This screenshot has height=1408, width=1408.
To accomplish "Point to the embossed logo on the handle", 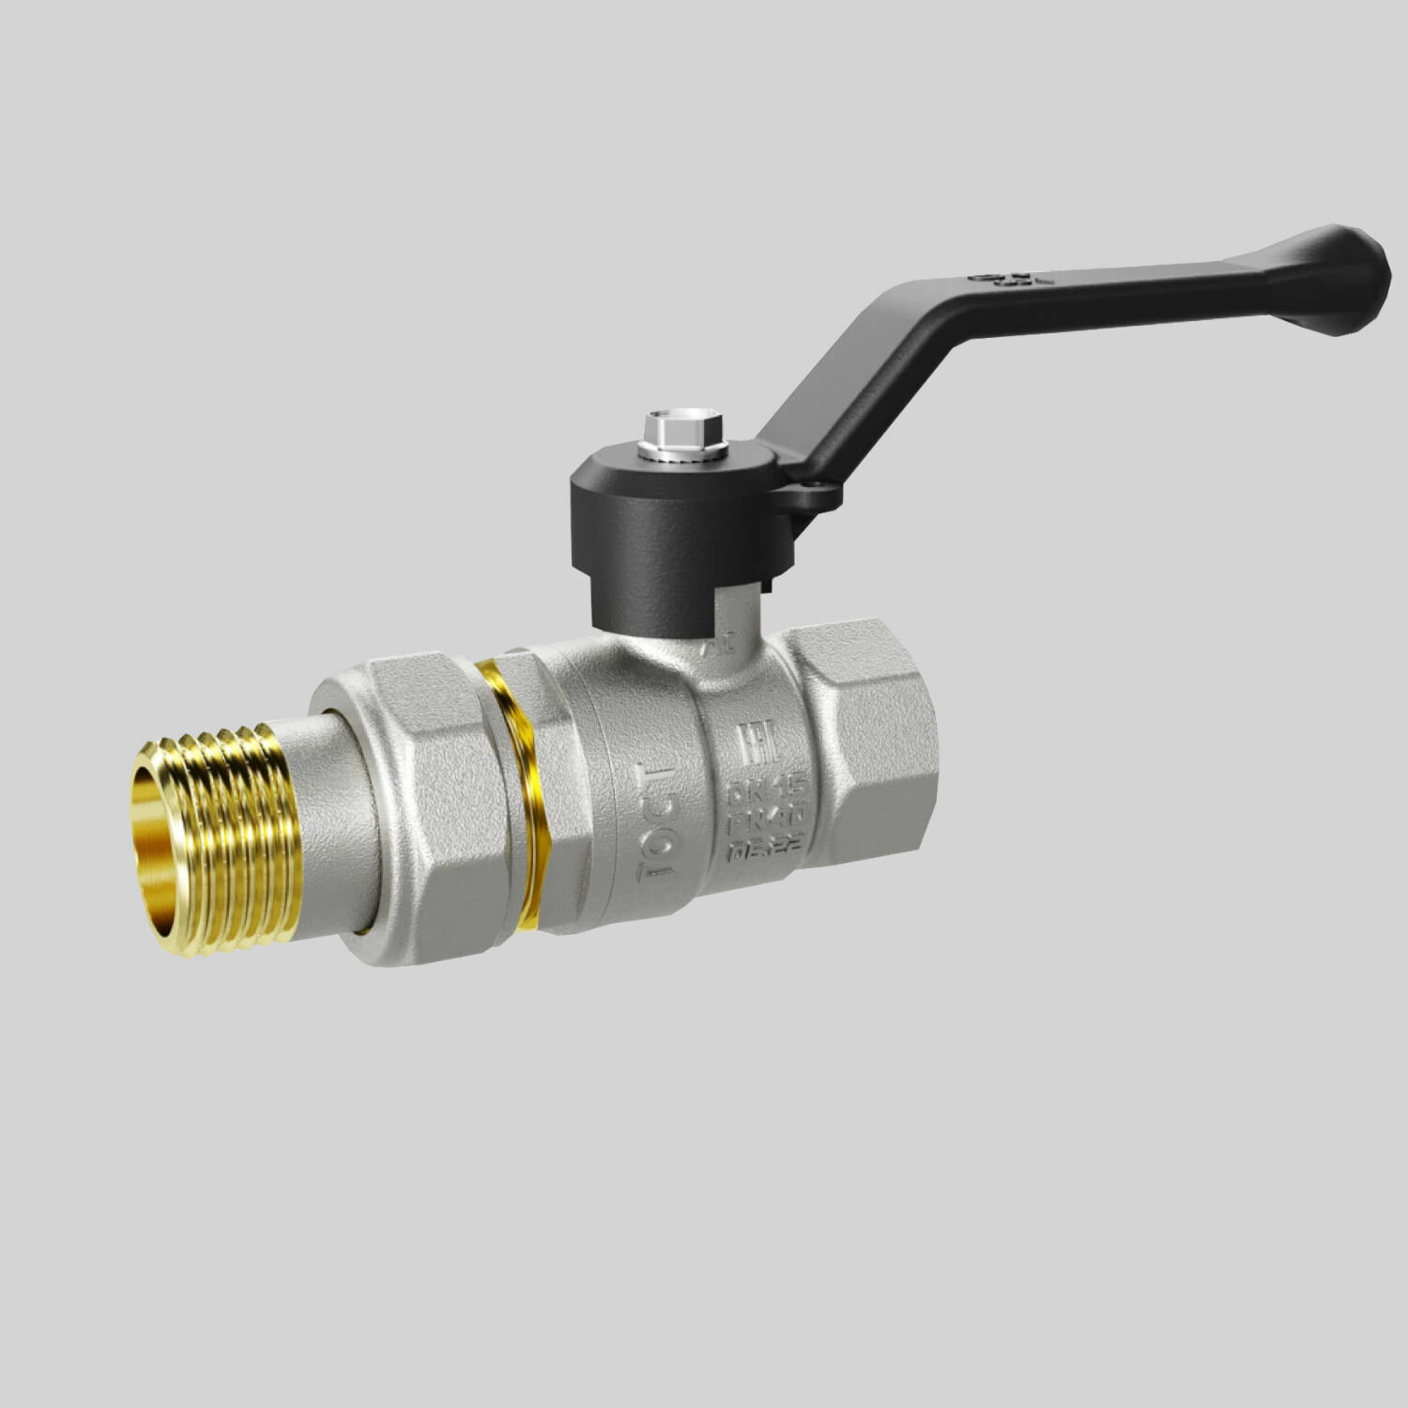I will (x=1012, y=279).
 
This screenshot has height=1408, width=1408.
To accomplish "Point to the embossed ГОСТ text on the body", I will (x=657, y=821).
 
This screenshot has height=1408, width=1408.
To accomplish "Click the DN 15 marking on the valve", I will (x=765, y=790).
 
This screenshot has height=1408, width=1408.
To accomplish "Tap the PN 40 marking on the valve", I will (x=766, y=819).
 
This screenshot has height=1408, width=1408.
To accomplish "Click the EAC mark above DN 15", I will (x=757, y=744).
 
